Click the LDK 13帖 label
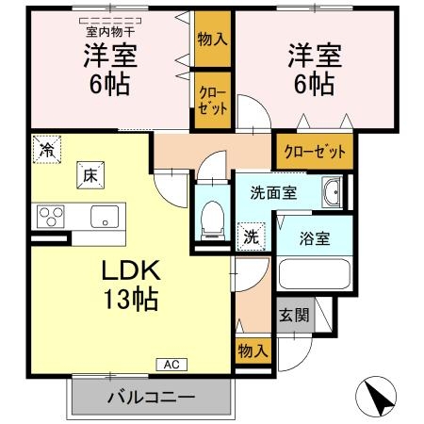point(131,286)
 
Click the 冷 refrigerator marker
point(46,149)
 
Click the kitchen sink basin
point(103,216)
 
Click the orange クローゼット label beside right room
point(315,152)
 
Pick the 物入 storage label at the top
point(212,40)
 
